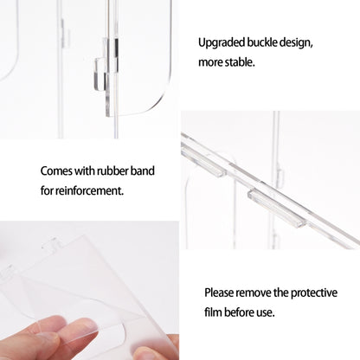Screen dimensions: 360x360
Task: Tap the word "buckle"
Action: pos(259,42)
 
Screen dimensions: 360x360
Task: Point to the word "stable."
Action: pos(240,62)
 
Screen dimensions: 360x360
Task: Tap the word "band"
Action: pos(143,170)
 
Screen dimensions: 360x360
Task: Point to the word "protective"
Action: pos(314,293)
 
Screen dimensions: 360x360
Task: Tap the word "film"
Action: pos(213,312)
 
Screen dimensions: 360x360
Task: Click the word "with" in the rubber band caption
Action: pos(84,170)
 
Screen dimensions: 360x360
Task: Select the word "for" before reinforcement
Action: pos(47,190)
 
